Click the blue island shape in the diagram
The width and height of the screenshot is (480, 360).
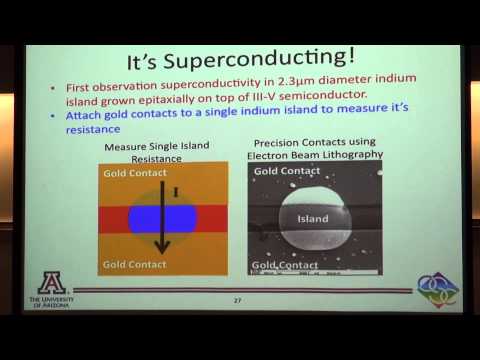[161, 217]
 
